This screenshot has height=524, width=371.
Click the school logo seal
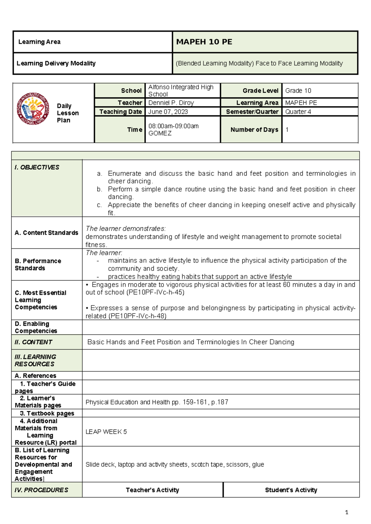point(33,109)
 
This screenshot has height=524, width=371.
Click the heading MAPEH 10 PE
point(204,42)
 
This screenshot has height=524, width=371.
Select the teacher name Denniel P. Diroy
point(171,103)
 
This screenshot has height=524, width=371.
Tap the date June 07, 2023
point(168,112)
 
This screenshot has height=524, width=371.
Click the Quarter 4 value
point(298,112)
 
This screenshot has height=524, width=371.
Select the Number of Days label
point(254,130)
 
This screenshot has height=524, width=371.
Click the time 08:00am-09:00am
point(173,126)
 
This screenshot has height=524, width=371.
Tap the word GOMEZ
point(160,133)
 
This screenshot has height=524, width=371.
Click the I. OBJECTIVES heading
point(37,167)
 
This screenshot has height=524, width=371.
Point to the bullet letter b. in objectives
point(99,189)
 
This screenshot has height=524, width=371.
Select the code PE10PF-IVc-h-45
point(156,293)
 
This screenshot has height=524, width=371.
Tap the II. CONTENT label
point(33,342)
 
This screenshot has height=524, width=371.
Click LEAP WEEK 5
point(106,432)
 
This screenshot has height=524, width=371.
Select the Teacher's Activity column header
point(152,490)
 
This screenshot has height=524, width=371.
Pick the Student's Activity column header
point(291,490)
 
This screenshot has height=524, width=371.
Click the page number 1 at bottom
point(347,513)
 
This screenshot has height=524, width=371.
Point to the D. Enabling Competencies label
point(36,327)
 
